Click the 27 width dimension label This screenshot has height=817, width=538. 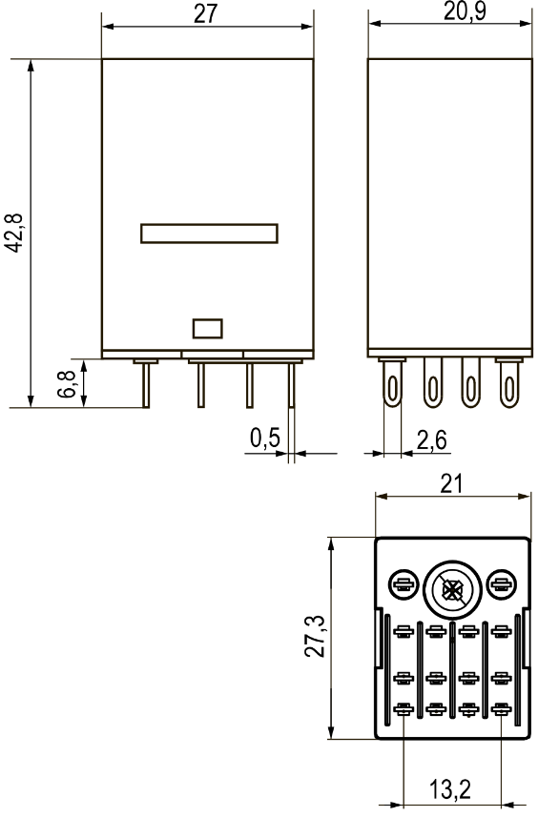pos(205,13)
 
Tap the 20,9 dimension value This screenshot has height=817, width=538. pos(465,11)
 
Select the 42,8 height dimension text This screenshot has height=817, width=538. pos(14,233)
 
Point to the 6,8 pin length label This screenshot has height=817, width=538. pos(67,384)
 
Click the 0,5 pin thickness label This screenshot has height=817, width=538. pos(265,438)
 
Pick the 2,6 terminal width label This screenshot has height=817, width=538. pos(432,440)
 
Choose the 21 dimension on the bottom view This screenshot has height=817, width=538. pos(451,484)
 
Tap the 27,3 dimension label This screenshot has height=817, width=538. pos(315,636)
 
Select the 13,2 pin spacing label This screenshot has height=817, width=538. pos(450,789)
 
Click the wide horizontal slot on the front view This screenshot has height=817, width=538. pos(209,234)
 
